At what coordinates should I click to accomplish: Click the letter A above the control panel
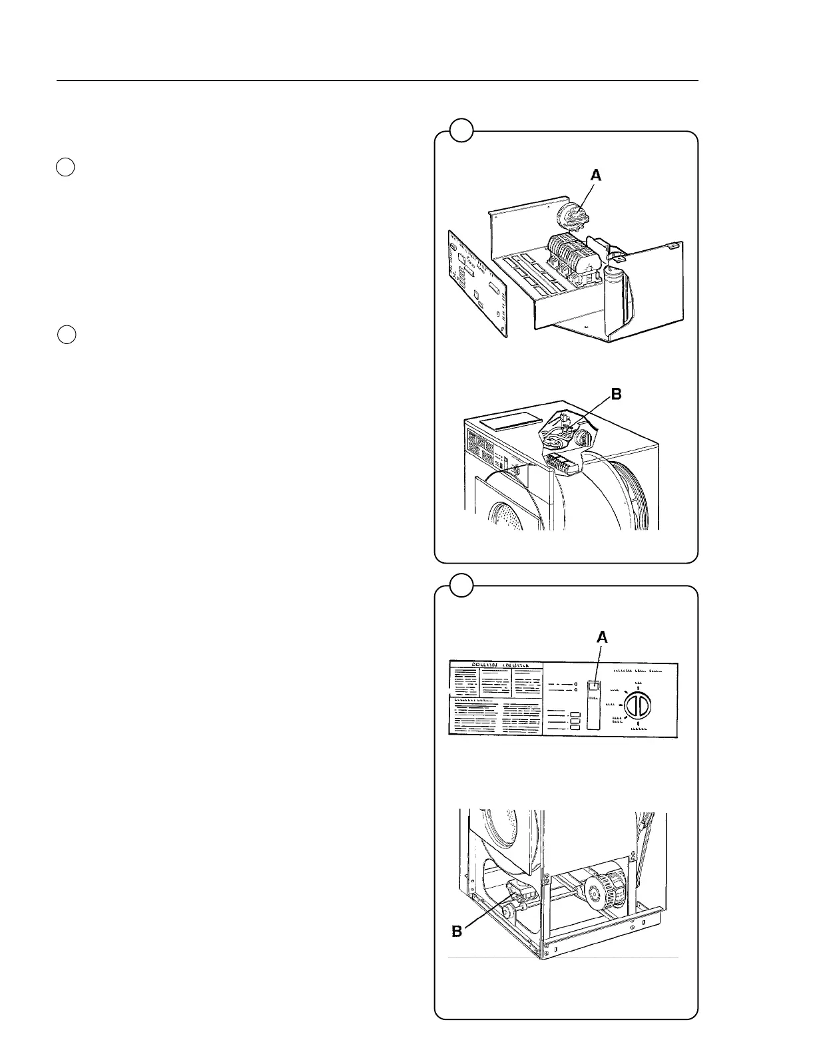click(602, 637)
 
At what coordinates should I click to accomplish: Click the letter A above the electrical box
click(596, 175)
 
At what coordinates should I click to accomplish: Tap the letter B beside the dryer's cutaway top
click(616, 395)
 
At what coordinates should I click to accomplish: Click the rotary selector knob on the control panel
click(638, 705)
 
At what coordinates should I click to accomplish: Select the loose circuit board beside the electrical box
click(475, 282)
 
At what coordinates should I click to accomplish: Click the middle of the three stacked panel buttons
click(576, 721)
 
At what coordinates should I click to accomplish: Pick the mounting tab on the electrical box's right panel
click(673, 245)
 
